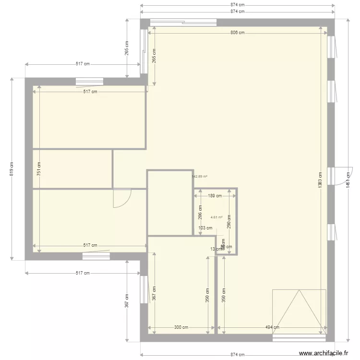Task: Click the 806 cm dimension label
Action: [x=237, y=33]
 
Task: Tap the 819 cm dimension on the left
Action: [x=12, y=168]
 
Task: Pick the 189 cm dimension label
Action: [x=215, y=195]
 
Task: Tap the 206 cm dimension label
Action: [x=200, y=211]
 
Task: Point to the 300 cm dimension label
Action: [x=180, y=327]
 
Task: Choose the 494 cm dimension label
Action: [x=272, y=327]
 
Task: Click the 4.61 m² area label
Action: [x=216, y=217]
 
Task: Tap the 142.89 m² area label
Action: [x=200, y=176]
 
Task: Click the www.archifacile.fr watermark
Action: [x=323, y=353]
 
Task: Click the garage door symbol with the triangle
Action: [x=299, y=311]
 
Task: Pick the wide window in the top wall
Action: [x=183, y=22]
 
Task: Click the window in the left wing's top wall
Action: [x=89, y=81]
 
